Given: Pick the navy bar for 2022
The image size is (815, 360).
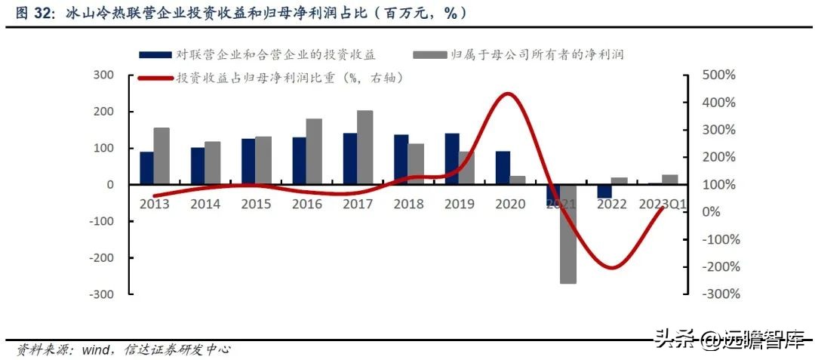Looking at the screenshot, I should tap(603, 191).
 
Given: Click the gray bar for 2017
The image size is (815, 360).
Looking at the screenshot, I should tap(364, 147).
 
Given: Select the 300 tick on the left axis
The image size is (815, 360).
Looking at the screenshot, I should tap(104, 75).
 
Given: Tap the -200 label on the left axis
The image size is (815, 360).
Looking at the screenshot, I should tap(100, 257).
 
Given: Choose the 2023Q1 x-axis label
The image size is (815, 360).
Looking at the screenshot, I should tap(661, 205).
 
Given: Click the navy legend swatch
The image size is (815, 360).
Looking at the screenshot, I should tap(155, 54).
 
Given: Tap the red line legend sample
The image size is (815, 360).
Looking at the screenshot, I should tap(155, 77).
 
